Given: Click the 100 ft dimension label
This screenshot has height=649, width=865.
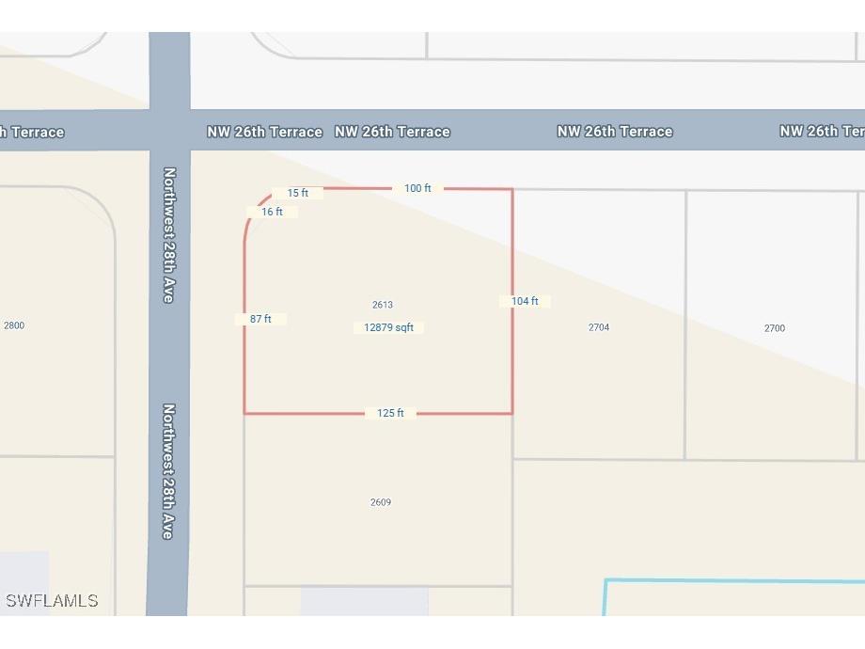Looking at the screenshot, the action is click(x=417, y=188).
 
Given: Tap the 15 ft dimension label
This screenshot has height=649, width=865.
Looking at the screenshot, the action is click(x=298, y=193).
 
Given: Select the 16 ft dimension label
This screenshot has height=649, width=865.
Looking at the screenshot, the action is click(x=272, y=212).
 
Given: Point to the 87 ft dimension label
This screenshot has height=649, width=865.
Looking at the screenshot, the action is click(x=260, y=319).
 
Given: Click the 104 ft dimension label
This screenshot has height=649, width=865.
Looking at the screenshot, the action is click(x=525, y=301).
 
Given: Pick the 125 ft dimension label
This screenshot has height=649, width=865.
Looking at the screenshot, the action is click(x=390, y=413).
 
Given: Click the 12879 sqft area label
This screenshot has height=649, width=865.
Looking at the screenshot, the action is click(x=389, y=327).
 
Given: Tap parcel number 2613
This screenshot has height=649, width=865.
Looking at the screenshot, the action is click(x=383, y=305).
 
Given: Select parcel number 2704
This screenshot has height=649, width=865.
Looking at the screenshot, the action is click(x=599, y=327).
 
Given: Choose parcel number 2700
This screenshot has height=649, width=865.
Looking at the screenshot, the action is click(x=775, y=328).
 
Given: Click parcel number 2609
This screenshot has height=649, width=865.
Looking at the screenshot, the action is click(x=381, y=502).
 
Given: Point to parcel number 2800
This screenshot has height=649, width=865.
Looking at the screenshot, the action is click(x=14, y=325).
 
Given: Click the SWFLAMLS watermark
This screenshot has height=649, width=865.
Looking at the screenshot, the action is click(x=52, y=600).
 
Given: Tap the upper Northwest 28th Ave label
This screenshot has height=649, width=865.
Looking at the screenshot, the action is click(x=169, y=234).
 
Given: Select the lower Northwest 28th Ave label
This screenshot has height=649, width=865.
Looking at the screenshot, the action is click(x=169, y=470).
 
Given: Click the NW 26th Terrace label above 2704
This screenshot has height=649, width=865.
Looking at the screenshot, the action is click(x=615, y=132).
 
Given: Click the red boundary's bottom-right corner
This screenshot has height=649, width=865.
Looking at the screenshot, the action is click(x=512, y=413).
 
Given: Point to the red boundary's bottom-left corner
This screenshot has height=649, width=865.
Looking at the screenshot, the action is click(x=244, y=413).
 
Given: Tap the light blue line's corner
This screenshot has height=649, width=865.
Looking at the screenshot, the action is click(x=605, y=580).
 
